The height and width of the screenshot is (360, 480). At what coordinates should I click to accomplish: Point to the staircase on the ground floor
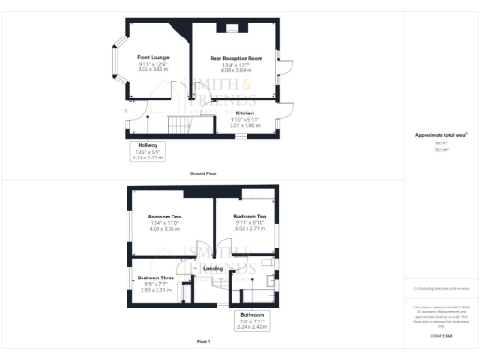click(x=178, y=125)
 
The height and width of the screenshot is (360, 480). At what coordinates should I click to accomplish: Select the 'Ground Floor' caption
click(x=203, y=174)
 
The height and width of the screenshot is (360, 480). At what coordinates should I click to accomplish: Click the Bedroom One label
click(x=163, y=217)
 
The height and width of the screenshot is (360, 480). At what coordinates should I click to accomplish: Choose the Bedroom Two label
click(x=249, y=217)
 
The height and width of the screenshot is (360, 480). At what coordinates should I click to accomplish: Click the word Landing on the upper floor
click(x=213, y=269)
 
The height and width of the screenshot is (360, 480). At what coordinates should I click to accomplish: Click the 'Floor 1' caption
click(x=203, y=341)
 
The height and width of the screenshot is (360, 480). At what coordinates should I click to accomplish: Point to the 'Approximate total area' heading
click(x=440, y=134)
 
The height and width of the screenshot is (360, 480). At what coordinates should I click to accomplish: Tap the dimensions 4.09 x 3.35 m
click(x=163, y=228)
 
